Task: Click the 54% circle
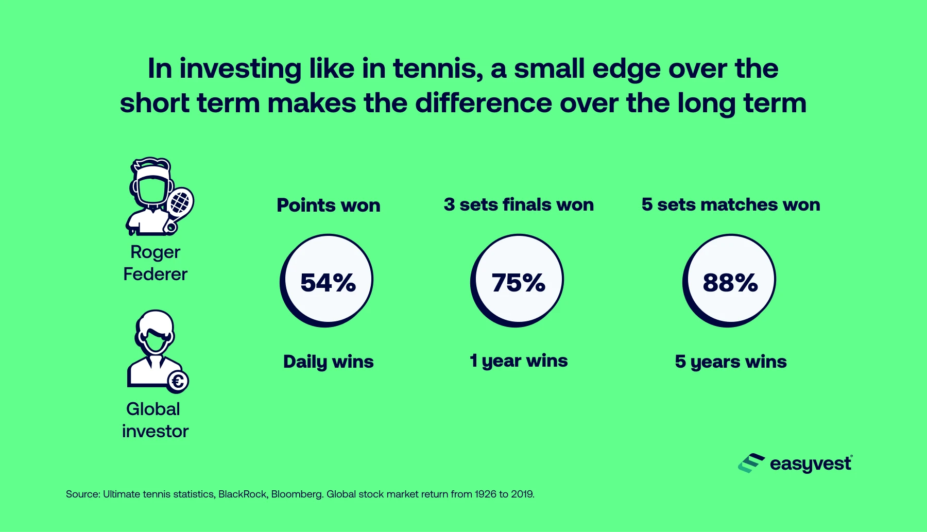tap(328, 281)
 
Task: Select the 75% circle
tap(518, 281)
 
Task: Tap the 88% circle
tap(730, 281)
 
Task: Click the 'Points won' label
tap(329, 205)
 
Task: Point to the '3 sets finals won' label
tap(519, 204)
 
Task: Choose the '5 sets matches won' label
tap(731, 204)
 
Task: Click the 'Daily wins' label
tap(329, 362)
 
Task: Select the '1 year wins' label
tap(519, 361)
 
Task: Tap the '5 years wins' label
tap(731, 362)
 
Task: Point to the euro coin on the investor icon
tap(179, 382)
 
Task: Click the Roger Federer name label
tap(155, 263)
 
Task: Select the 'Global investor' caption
tap(155, 420)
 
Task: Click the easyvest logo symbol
tap(751, 463)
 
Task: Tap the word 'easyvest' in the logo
tap(811, 464)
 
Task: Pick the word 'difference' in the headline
tap(484, 103)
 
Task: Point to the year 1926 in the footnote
tap(485, 494)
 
